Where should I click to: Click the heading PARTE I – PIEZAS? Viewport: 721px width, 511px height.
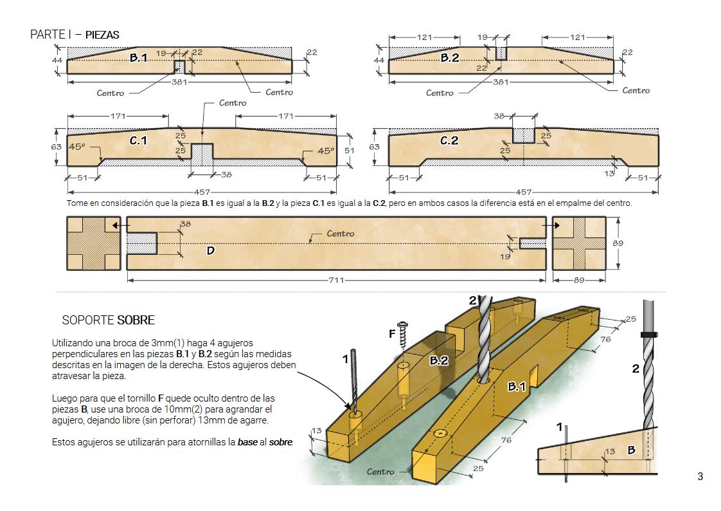tap(75, 35)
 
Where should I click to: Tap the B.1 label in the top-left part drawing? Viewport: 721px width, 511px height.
tap(138, 57)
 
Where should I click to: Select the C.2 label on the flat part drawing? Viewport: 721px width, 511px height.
tap(449, 140)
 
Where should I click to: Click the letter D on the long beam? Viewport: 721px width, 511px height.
tap(211, 251)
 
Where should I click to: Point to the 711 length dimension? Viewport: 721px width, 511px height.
tap(336, 280)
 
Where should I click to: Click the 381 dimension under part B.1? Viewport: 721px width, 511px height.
tap(179, 82)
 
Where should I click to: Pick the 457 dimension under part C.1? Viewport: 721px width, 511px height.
tap(202, 192)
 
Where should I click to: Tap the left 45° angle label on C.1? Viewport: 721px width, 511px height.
tap(76, 147)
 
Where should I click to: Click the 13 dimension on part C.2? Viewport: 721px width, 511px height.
tap(609, 174)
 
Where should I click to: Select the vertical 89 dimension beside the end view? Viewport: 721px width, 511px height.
tap(618, 243)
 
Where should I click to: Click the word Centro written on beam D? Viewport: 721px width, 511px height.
tap(341, 234)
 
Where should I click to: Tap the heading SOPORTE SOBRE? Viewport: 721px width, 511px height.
tap(109, 321)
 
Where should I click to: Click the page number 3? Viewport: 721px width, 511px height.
tap(700, 476)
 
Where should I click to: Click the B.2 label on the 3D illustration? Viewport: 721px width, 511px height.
tap(439, 360)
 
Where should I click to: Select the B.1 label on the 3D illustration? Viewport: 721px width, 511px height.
tap(517, 387)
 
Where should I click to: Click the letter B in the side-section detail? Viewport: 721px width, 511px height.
tap(631, 451)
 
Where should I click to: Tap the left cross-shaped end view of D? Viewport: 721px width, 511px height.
tap(94, 243)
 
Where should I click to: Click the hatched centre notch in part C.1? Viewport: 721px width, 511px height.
tap(202, 154)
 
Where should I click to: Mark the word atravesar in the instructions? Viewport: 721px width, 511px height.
tap(71, 376)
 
